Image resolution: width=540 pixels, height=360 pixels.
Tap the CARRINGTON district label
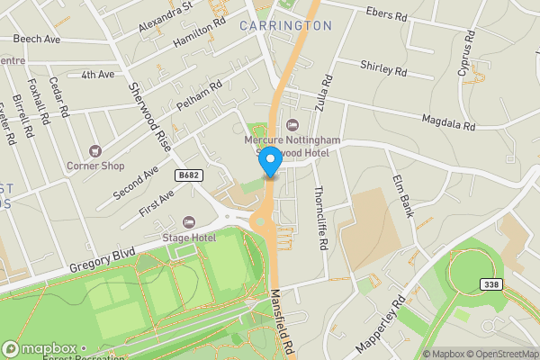pyautogui.click(x=285, y=26)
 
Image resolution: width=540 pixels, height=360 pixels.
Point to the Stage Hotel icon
pyautogui.click(x=188, y=222)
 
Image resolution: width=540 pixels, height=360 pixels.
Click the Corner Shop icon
pyautogui.click(x=94, y=151)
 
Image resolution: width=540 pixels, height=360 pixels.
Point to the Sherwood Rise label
pyautogui.click(x=149, y=115)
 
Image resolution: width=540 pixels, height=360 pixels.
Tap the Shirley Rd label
pyautogui.click(x=383, y=67)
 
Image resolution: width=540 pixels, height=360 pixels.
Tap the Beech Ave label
pyautogui.click(x=37, y=40)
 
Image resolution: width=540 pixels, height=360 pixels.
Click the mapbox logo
pyautogui.click(x=42, y=348)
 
